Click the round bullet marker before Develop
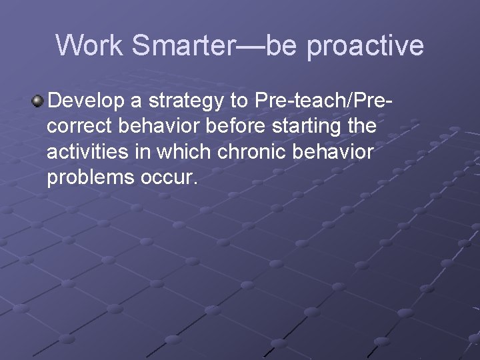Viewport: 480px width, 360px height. click(38, 101)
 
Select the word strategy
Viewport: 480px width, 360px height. click(185, 102)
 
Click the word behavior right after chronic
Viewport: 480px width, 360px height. click(336, 151)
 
